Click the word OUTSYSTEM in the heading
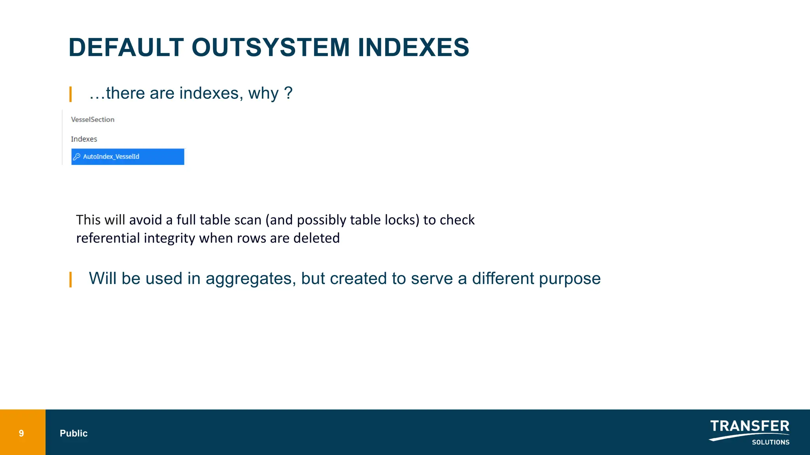271,47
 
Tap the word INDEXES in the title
413,47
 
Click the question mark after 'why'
288,93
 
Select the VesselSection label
93,119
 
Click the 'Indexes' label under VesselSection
84,139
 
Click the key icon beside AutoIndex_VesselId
77,157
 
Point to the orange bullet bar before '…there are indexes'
70,94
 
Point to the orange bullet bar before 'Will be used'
70,279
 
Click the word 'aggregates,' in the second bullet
251,279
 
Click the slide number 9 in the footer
21,433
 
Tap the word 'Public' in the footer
74,433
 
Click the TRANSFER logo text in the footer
749,426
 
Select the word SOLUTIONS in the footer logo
770,442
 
